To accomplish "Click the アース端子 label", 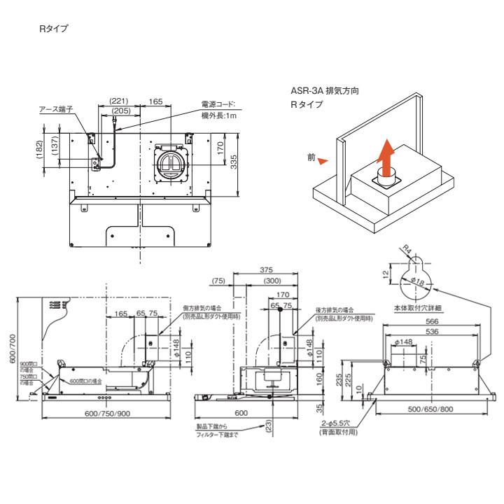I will click(x=56, y=109).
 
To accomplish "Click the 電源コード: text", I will click(x=219, y=104).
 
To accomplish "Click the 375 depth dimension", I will click(x=266, y=270).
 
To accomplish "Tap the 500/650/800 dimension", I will click(x=430, y=409).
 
